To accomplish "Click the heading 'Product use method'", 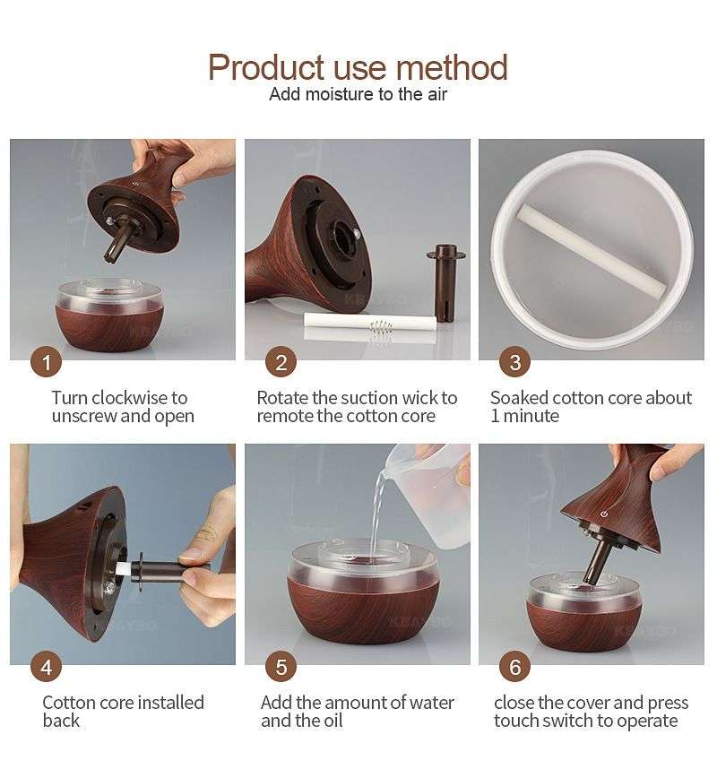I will click(x=358, y=68).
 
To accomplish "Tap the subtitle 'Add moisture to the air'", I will click(x=358, y=95).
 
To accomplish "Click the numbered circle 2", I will click(x=281, y=362).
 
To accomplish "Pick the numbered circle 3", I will click(x=514, y=362).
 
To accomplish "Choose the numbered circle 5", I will click(x=281, y=668).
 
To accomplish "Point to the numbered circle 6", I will click(x=514, y=668).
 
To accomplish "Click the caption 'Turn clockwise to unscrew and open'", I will click(x=120, y=407).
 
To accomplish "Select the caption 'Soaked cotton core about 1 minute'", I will click(x=591, y=407).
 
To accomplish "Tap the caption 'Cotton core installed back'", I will click(x=123, y=712).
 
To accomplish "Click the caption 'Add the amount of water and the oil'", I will click(x=357, y=712).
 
